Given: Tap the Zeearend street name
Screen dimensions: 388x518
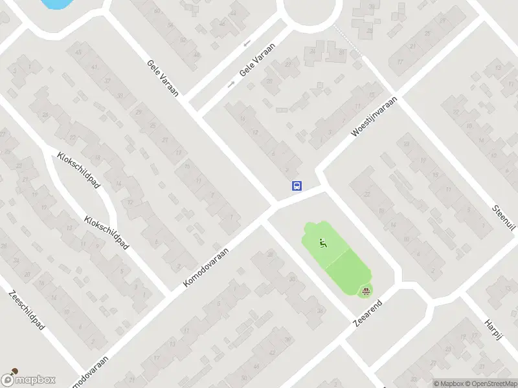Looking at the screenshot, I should tap(368, 313).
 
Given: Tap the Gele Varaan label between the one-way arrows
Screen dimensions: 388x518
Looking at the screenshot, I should tap(257, 60).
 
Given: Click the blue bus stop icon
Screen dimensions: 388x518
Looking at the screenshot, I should tap(297, 186).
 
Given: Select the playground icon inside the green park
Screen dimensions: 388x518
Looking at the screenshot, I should tap(323, 243).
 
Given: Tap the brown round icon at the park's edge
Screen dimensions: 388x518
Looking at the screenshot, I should tap(366, 290).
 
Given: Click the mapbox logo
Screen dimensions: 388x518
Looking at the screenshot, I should tap(28, 380).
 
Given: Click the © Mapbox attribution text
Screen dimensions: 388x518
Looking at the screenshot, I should tap(449, 383).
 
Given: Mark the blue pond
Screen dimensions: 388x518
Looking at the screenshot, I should tap(55, 3).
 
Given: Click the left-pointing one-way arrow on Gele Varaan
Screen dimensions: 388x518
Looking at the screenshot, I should tap(247, 43).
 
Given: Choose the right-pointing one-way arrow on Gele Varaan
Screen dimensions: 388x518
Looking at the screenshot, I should tap(231, 84).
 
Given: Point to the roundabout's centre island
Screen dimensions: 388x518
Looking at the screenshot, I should tap(313, 8).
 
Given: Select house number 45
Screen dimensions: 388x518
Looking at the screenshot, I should tap(78, 52).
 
